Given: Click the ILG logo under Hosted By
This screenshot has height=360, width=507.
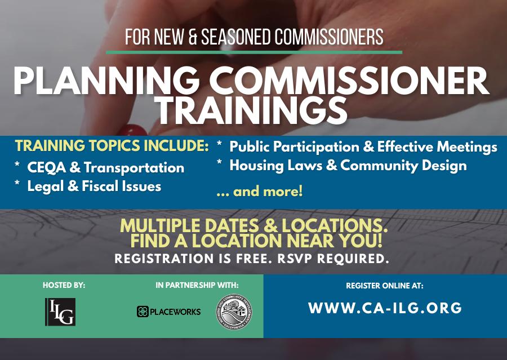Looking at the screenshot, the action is point(60,312).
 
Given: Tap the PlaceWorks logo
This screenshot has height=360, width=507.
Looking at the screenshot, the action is point(169,312).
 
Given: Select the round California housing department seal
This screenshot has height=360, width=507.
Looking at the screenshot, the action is point(234,312).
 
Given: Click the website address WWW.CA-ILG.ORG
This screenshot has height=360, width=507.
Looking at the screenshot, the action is point(385,308).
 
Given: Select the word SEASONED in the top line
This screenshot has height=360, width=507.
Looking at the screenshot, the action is point(235,37).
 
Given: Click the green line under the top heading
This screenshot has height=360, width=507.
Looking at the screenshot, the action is point(254,52).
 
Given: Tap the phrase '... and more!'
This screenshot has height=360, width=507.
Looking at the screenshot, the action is point(260,191).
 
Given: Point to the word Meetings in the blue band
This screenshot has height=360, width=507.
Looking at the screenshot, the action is point(467,147).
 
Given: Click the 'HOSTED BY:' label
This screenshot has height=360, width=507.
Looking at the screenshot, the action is point(64,285).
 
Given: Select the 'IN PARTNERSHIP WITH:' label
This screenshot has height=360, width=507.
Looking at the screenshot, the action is point(197,285).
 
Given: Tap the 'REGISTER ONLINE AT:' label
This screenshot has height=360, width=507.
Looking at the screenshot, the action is point(385,286).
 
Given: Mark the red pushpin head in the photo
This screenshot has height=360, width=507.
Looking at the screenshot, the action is point(132,130).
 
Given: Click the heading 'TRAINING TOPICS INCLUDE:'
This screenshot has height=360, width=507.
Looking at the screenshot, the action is point(112,145).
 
